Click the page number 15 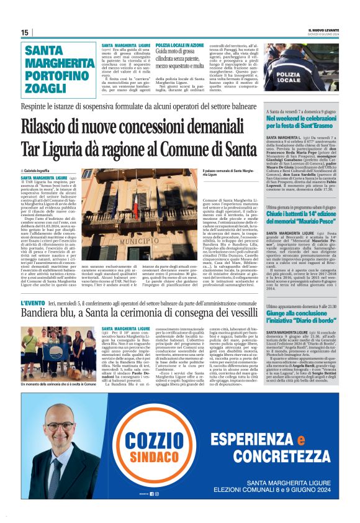tap(25, 32)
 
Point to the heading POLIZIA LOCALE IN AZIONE tap(179, 46)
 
